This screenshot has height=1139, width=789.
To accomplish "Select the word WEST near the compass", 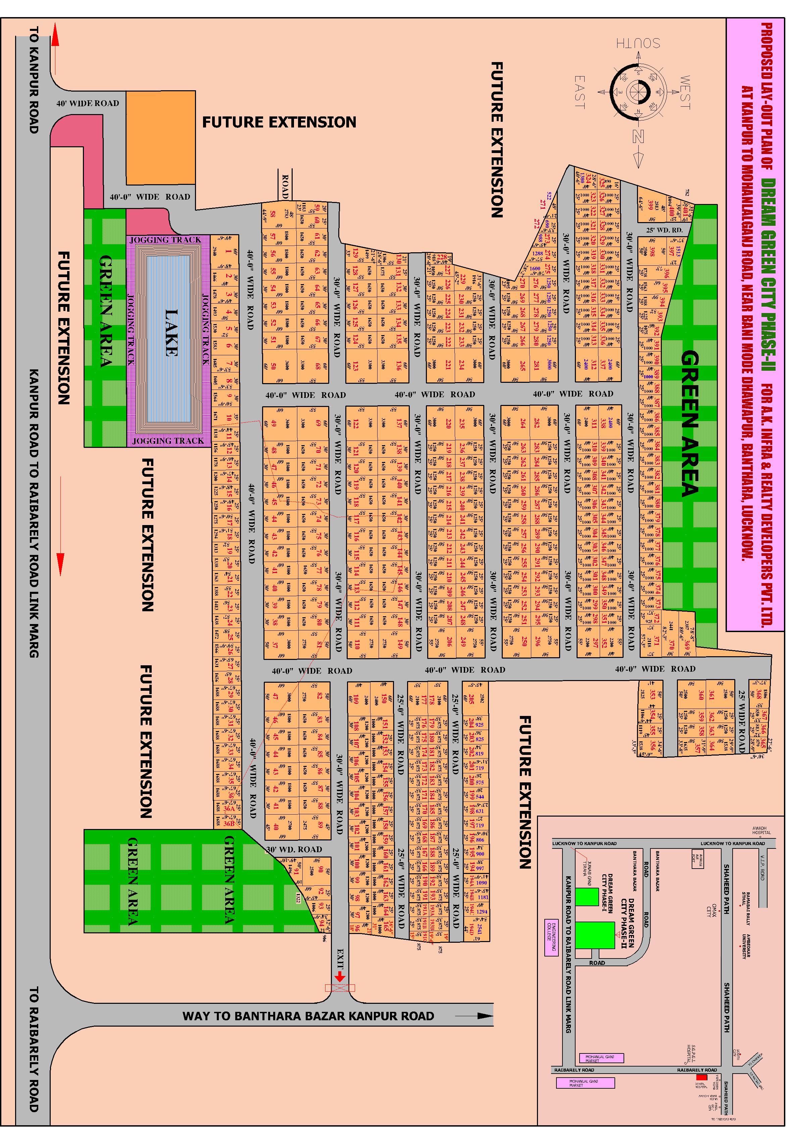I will tap(685, 92).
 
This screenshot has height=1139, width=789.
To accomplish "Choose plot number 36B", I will tap(229, 824).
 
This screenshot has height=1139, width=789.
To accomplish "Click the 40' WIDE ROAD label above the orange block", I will tap(88, 103).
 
